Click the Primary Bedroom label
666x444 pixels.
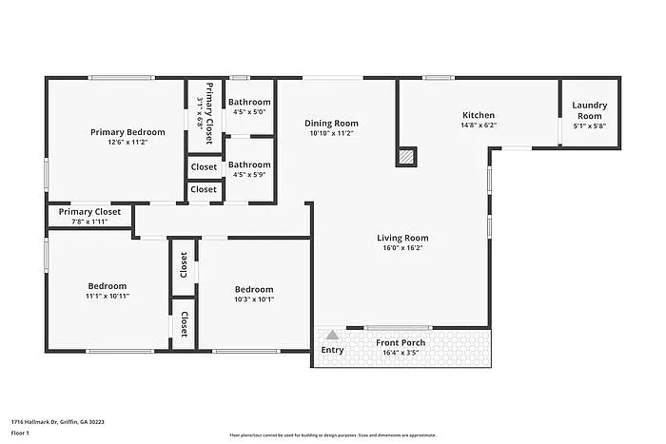click(127, 132)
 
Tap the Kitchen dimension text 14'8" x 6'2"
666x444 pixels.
click(478, 125)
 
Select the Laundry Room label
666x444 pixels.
click(590, 110)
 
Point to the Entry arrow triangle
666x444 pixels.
click(332, 335)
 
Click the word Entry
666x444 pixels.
click(332, 350)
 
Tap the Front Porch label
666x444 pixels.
click(401, 342)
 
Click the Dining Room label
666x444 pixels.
click(331, 123)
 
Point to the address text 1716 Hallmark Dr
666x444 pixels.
click(57, 422)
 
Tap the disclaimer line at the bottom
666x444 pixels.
click(332, 434)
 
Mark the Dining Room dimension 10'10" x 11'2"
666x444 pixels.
click(331, 133)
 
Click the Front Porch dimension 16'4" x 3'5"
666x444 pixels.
click(401, 353)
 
